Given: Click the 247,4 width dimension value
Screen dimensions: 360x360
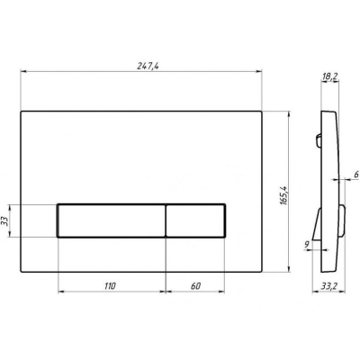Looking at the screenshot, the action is [148, 66].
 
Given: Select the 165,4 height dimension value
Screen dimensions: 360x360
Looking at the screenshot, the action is [283, 195].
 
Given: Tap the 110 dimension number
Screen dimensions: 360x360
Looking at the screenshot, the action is [110, 286].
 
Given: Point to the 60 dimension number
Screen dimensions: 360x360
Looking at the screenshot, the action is [195, 286].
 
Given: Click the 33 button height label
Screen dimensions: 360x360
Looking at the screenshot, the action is [4, 221].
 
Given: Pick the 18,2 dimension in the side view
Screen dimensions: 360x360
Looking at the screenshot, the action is [329, 76].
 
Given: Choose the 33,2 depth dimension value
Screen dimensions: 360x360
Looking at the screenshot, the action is [329, 286].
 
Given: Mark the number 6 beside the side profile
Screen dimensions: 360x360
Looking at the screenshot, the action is [356, 175].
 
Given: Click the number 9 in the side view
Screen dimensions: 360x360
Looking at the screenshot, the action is [307, 245].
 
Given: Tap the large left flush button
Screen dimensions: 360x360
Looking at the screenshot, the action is [112, 220].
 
